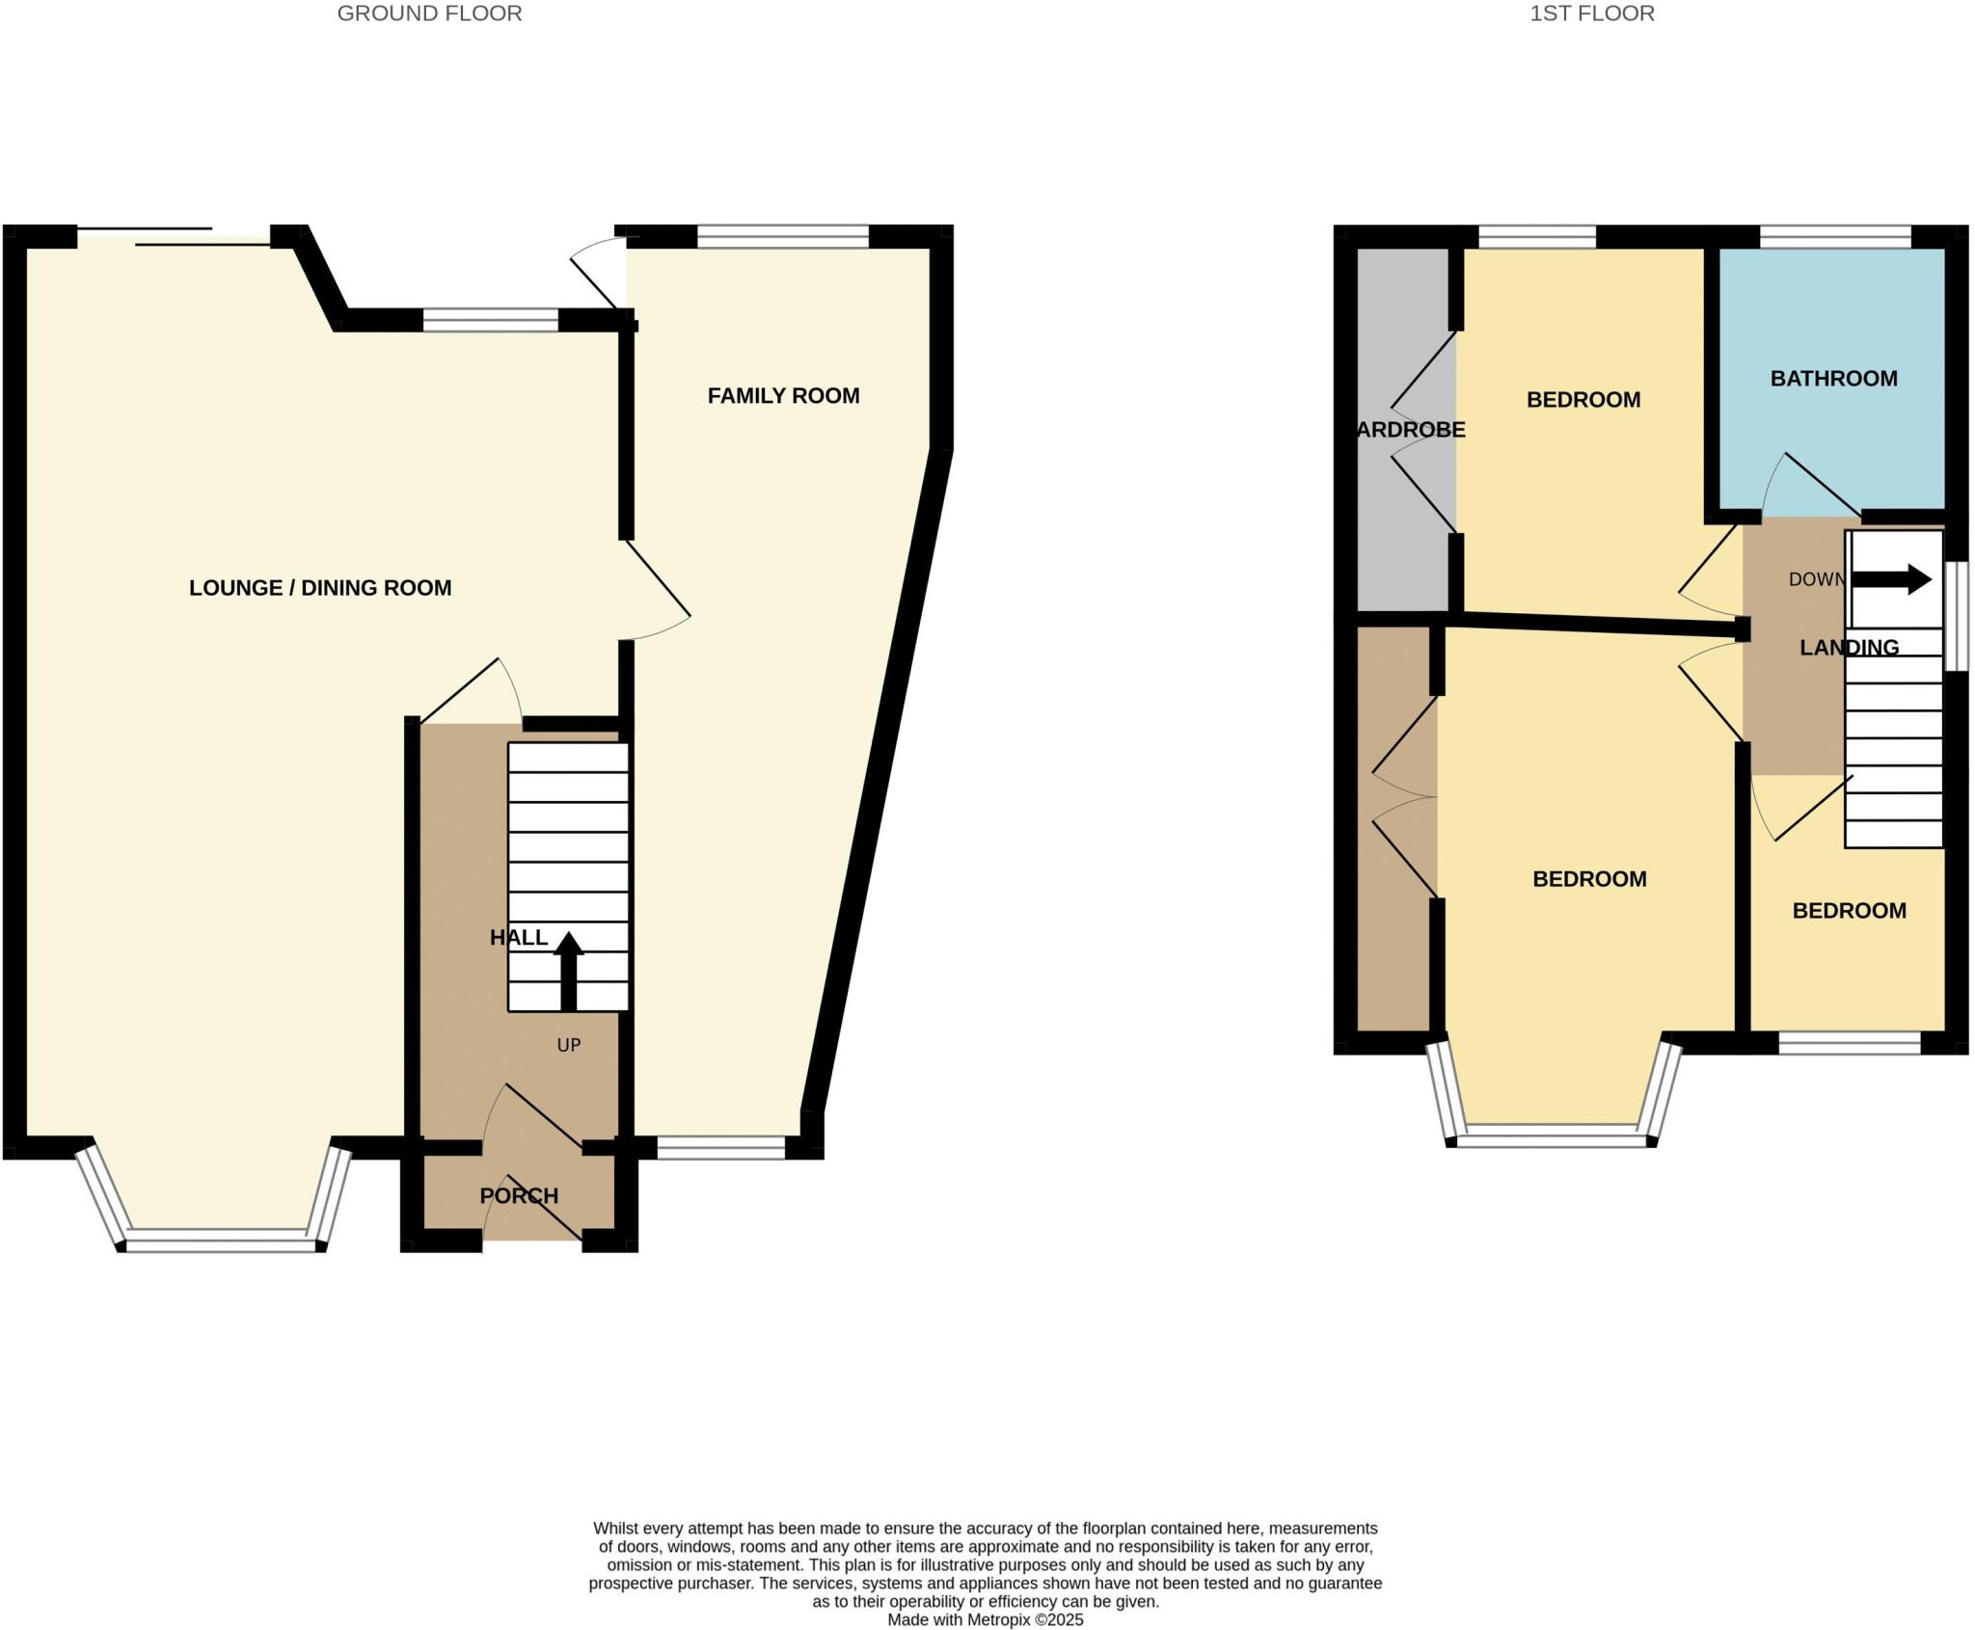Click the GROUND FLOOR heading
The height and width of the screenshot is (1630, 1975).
[429, 13]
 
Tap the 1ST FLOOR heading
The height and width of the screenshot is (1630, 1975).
[1591, 13]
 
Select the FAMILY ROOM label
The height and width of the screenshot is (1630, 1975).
[783, 395]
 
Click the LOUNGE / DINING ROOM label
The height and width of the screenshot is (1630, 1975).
[320, 587]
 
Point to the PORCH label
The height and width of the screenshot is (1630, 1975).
[519, 1195]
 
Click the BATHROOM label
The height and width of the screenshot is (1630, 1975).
[1833, 378]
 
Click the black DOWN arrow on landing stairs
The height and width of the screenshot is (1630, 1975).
[1891, 579]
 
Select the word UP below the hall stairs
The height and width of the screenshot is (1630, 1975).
[568, 1045]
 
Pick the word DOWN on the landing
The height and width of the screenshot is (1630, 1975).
[1816, 579]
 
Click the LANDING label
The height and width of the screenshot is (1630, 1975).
[1849, 647]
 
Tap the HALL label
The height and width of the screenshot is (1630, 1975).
[519, 937]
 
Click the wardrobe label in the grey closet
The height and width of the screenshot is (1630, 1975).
[1410, 429]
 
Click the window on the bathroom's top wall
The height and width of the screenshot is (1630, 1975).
[1834, 236]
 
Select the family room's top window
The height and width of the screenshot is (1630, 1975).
[782, 236]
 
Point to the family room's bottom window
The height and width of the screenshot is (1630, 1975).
[721, 1146]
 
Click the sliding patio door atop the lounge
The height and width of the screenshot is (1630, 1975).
[174, 237]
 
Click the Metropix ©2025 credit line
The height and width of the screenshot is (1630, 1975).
[985, 1619]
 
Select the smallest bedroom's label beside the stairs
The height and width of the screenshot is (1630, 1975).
[1849, 910]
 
